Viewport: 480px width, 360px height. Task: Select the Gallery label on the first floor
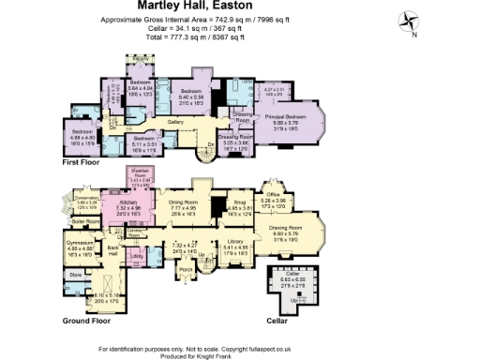[174, 122]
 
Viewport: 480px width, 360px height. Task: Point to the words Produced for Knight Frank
[239, 353]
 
